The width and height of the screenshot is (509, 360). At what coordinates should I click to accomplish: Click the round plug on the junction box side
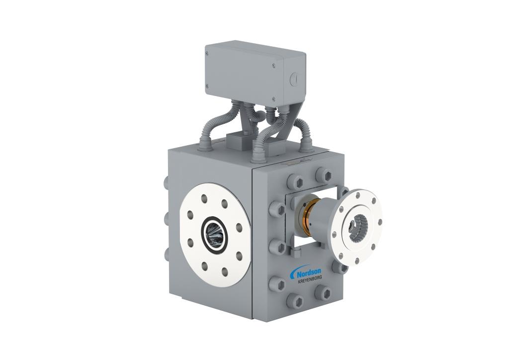tap(293, 79)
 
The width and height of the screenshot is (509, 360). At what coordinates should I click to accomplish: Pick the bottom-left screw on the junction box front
tap(207, 86)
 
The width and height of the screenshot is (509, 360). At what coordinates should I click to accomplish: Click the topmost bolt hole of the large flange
tap(204, 198)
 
